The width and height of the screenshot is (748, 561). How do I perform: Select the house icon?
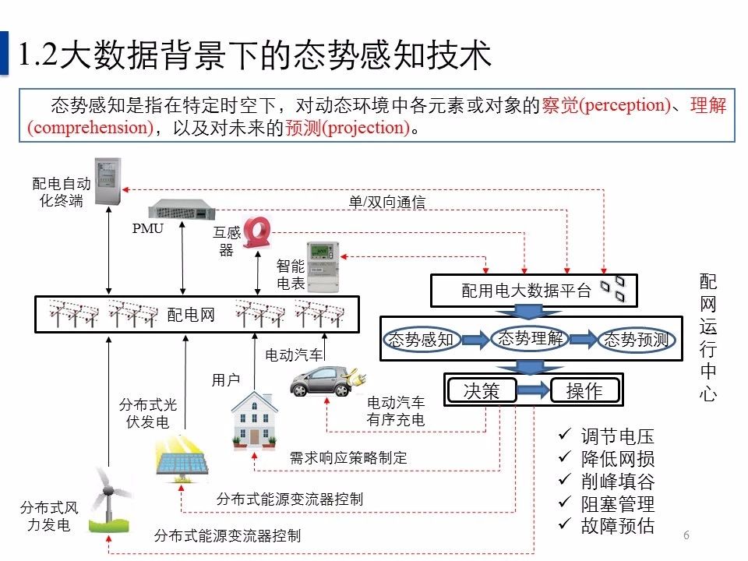(255, 421)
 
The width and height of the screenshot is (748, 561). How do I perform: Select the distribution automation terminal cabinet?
(109, 182)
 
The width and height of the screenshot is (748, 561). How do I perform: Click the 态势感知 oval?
(421, 340)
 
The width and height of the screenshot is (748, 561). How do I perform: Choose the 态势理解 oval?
(529, 338)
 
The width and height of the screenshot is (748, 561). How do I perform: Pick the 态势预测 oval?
(636, 340)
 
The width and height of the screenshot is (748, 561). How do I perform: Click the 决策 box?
(481, 390)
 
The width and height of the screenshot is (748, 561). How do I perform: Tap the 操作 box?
(584, 390)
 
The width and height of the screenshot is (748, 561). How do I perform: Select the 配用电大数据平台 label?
(527, 291)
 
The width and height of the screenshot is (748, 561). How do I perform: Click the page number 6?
(686, 535)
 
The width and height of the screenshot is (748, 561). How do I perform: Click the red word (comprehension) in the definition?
(90, 128)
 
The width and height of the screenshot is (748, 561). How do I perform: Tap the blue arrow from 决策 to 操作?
(535, 390)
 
